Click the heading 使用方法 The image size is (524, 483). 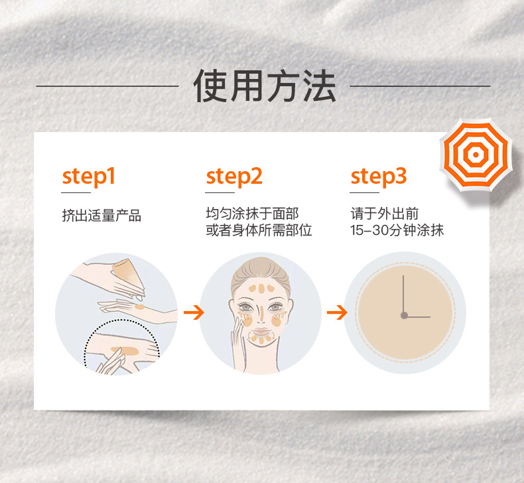point(265,86)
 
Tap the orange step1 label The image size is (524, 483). point(89,176)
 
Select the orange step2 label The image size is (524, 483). point(234,176)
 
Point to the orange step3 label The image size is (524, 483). point(379,176)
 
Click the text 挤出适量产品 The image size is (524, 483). point(101,215)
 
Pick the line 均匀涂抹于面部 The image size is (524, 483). point(252,213)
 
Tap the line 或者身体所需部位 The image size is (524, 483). point(259,230)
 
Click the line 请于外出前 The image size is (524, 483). point(384,213)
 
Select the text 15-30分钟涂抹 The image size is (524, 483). point(397,230)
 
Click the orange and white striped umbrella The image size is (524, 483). point(476,155)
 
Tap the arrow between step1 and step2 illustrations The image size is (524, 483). point(194,312)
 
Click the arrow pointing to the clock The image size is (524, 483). point(337,312)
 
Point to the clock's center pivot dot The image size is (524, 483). point(404,315)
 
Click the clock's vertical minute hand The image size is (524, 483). point(403,294)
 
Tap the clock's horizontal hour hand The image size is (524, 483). point(418,316)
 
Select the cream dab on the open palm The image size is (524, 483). point(140,307)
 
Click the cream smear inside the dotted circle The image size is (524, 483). point(125,350)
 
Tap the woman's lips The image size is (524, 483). point(261,332)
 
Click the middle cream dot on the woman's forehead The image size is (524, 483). point(261,289)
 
